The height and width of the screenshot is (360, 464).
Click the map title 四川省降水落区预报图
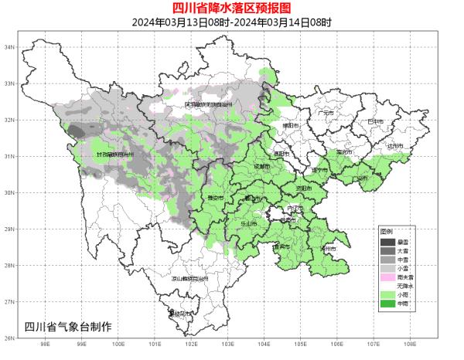232,8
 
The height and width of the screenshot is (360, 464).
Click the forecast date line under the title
232,22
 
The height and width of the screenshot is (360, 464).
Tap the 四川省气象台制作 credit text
68,325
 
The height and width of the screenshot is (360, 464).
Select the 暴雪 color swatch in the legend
387,243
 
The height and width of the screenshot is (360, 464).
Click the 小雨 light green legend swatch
387,295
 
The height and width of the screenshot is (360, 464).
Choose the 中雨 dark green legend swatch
387,304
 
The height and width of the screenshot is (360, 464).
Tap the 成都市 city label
261,165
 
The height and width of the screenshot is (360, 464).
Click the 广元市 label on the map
326,113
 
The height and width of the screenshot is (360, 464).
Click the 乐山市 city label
248,222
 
